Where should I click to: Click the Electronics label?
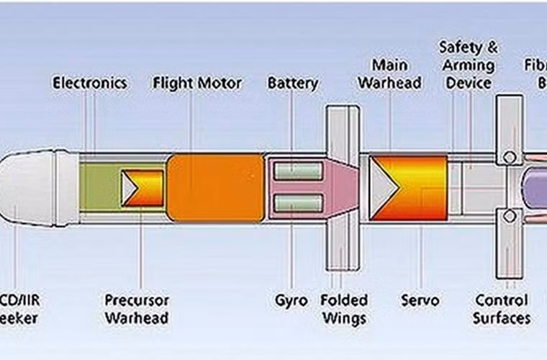click(x=90, y=83)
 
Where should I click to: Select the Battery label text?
click(x=292, y=83)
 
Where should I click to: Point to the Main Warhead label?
click(x=389, y=74)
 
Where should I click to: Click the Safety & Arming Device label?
click(x=469, y=66)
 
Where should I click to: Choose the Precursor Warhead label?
click(x=137, y=308)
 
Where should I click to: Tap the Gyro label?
click(x=291, y=300)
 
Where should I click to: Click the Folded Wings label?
click(x=343, y=308)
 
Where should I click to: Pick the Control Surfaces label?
click(x=502, y=308)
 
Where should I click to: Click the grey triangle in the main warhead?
click(x=383, y=186)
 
